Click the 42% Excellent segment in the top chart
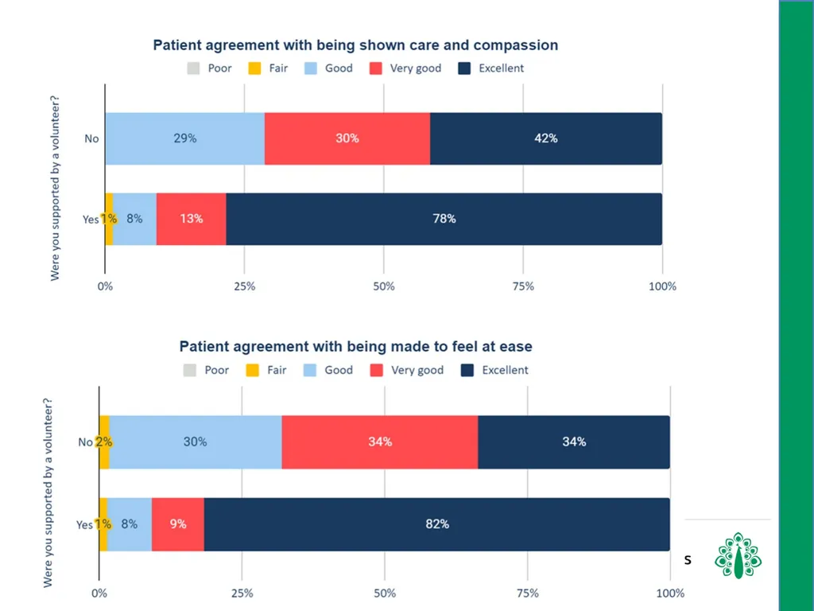pyautogui.click(x=545, y=138)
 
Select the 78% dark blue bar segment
pyautogui.click(x=444, y=219)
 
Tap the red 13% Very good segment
pyautogui.click(x=191, y=219)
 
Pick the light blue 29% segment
pyautogui.click(x=184, y=138)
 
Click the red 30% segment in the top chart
pyautogui.click(x=347, y=138)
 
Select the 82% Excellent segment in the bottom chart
pyautogui.click(x=436, y=524)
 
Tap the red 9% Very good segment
pyautogui.click(x=178, y=524)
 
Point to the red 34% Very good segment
pyautogui.click(x=380, y=442)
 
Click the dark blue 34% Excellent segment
pyautogui.click(x=574, y=442)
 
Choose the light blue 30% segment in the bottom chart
pyautogui.click(x=196, y=442)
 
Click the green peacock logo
pyautogui.click(x=738, y=555)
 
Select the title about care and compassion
pyautogui.click(x=355, y=45)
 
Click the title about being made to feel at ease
pyautogui.click(x=355, y=347)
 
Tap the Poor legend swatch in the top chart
pyautogui.click(x=193, y=68)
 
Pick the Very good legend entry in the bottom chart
pyautogui.click(x=407, y=370)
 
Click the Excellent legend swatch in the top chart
pyautogui.click(x=464, y=68)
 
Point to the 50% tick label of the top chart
pyautogui.click(x=384, y=286)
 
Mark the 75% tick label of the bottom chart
pyautogui.click(x=528, y=593)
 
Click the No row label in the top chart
pyautogui.click(x=91, y=138)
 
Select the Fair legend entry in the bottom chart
pyautogui.click(x=266, y=370)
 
